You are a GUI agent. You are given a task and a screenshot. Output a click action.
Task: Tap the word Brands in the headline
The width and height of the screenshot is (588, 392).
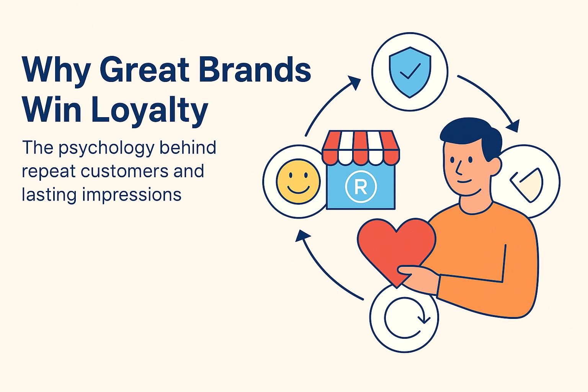255,70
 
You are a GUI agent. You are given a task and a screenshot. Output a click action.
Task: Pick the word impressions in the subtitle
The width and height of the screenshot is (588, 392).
131,194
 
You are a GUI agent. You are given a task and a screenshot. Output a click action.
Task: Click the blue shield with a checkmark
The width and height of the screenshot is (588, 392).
410,72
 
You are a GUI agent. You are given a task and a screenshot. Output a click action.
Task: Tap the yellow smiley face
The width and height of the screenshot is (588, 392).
298,181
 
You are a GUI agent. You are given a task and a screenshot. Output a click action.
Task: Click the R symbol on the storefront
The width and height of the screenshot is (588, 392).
361,186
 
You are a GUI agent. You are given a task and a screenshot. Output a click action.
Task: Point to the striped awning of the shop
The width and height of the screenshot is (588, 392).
361,147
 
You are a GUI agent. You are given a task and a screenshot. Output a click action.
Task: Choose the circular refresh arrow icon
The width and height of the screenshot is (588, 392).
405,318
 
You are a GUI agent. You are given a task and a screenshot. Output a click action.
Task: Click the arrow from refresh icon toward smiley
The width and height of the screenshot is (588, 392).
325,268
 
